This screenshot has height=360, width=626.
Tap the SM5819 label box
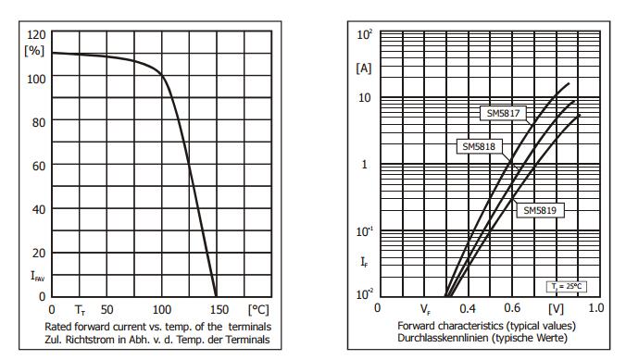540,210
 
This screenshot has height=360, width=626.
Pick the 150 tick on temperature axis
216,308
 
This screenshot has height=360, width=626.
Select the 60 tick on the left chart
38,166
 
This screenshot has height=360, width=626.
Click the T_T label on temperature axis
80,309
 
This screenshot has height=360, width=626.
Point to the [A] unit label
363,68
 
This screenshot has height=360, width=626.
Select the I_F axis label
363,262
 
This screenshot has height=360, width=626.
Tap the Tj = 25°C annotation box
564,286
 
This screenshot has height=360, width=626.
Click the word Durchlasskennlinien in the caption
441,338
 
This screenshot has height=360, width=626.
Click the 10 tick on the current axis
363,97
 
